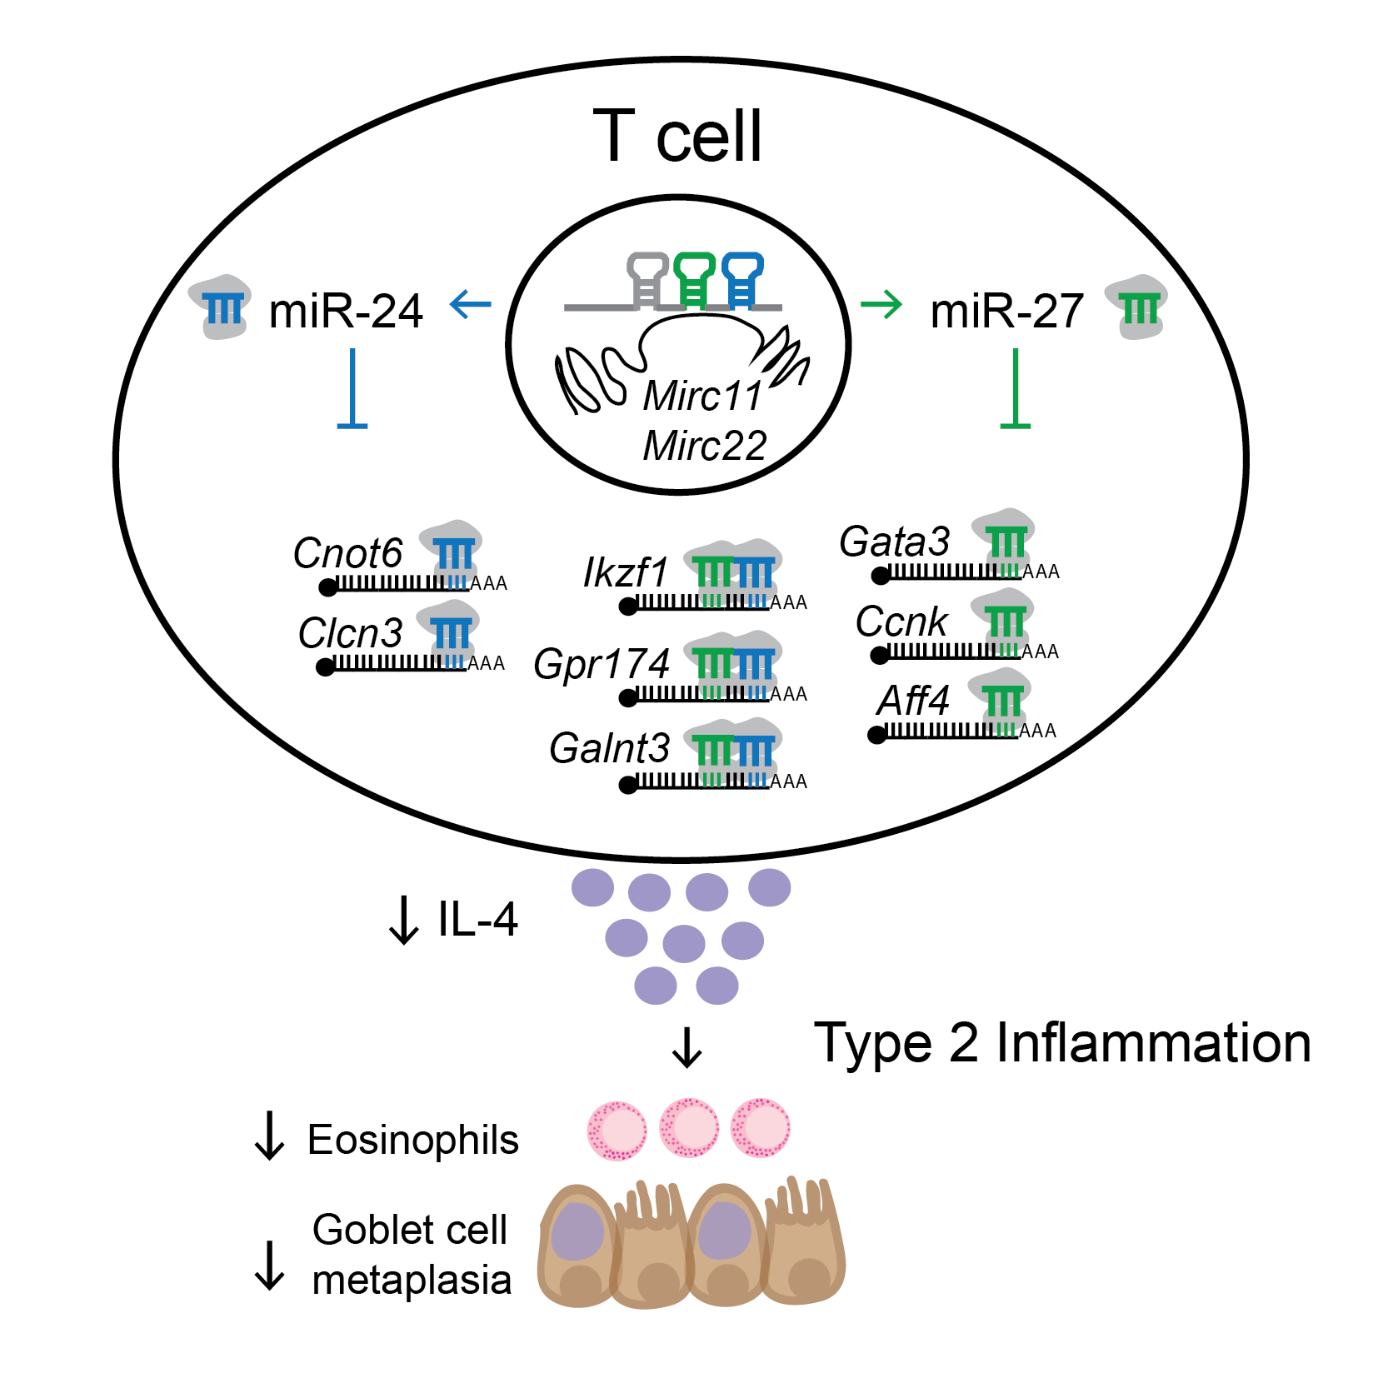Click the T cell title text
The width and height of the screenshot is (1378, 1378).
(677, 136)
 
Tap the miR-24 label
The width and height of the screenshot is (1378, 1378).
(346, 311)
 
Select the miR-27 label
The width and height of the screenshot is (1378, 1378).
(1006, 311)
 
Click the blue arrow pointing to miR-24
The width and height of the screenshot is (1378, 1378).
(471, 304)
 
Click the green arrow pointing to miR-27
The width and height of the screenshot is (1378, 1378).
(881, 304)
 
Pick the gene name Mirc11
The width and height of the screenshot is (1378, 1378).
(703, 396)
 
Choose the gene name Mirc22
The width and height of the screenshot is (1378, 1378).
(705, 446)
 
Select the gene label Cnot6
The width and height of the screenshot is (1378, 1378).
(347, 553)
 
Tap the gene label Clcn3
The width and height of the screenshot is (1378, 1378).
(350, 633)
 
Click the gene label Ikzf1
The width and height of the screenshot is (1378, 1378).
(625, 573)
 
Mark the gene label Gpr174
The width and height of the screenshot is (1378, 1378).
(602, 664)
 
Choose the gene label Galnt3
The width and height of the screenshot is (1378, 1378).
(609, 748)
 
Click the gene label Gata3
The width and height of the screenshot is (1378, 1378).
(894, 542)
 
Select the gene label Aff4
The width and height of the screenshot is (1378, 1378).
(913, 701)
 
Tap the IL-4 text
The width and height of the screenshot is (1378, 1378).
(477, 920)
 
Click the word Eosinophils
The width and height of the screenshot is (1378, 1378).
(412, 1140)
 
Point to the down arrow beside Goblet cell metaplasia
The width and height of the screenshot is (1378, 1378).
(269, 1266)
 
